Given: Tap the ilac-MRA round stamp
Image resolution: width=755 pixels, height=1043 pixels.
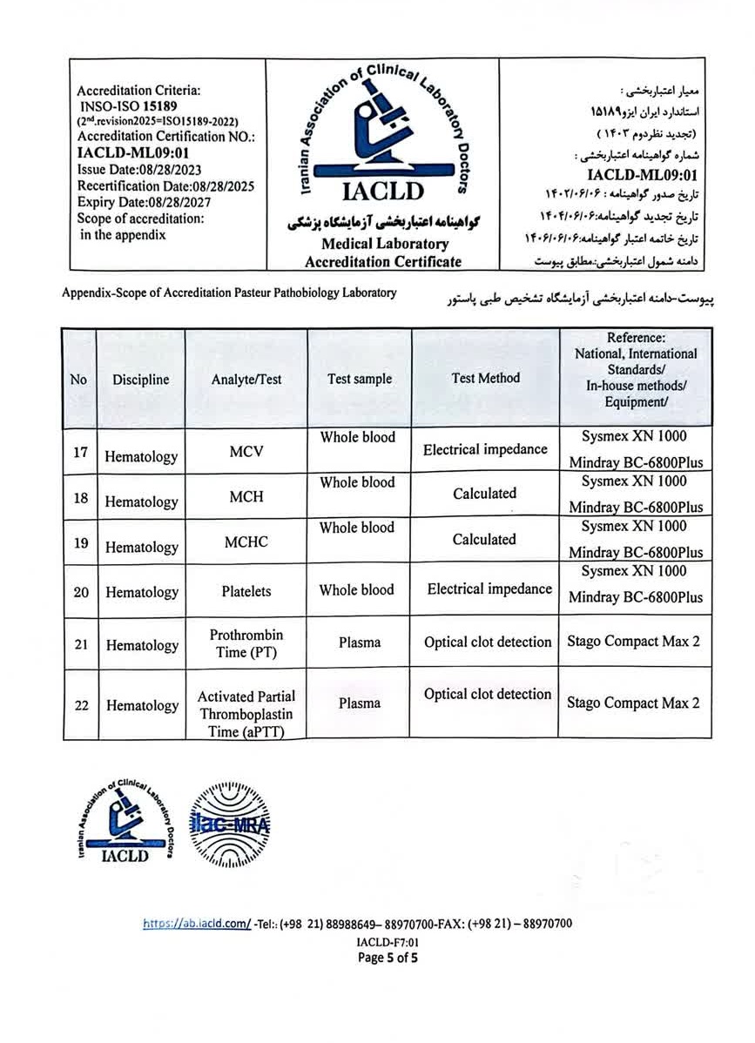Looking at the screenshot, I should coord(230,824).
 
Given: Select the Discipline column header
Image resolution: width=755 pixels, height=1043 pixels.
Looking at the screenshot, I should coord(140,380).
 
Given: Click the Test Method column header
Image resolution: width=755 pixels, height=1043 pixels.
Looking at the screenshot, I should coord(485,378).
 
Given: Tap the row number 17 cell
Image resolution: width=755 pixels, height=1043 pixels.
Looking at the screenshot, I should coord(80,453).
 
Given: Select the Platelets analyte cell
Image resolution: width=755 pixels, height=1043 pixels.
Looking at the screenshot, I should coord(246,591).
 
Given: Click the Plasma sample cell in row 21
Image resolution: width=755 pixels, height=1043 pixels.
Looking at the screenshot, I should coord(359,643).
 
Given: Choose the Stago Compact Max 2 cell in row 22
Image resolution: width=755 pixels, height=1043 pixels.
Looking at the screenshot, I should coord(633,703).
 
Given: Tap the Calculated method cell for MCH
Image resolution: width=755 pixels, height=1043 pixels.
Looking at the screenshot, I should coord(484,494).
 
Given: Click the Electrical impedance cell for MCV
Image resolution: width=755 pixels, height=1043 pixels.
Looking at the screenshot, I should coord(485,449).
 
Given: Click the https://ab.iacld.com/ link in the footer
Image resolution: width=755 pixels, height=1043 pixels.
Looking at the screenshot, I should coord(197,924).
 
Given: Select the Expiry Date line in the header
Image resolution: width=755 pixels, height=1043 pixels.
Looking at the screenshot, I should coord(145,202).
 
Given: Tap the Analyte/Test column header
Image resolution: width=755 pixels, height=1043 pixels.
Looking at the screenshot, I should coord(246,380).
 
